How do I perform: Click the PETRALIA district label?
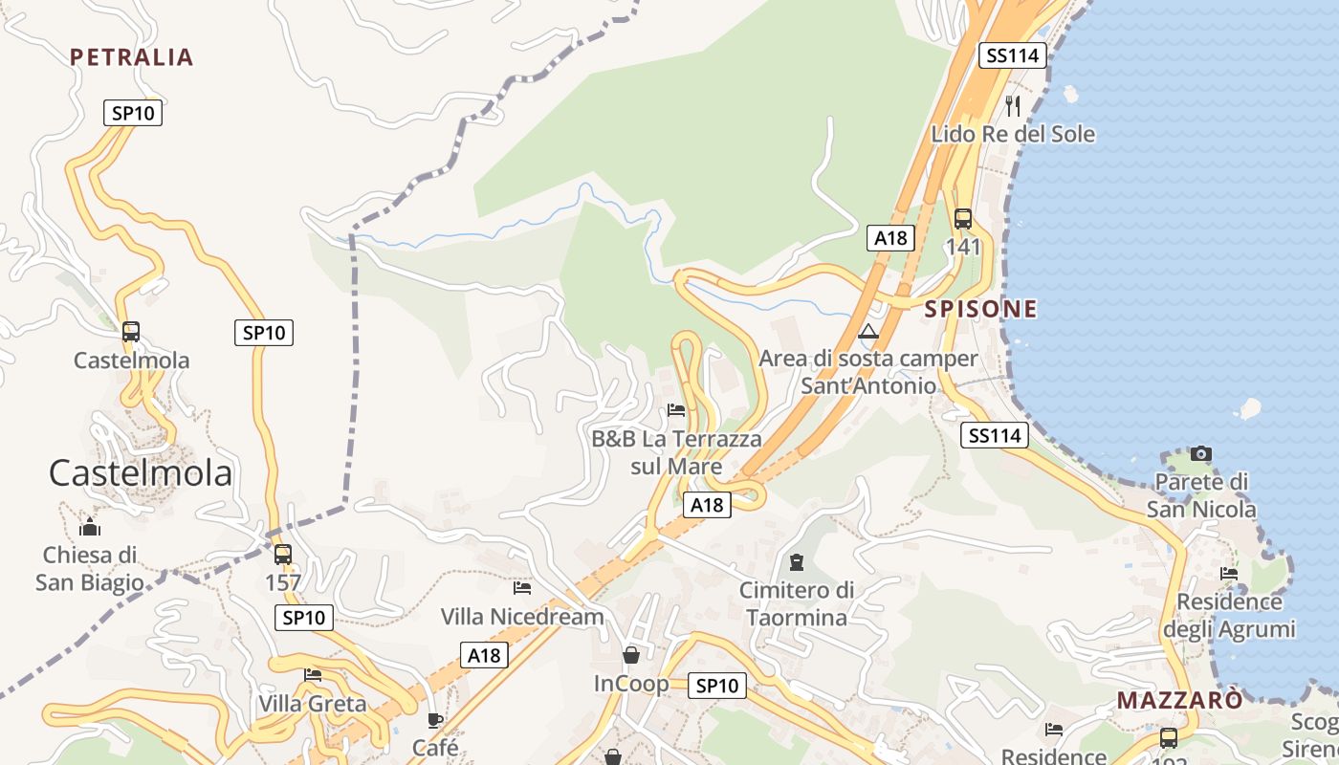click(x=131, y=57)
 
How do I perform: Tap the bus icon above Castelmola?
click(x=131, y=332)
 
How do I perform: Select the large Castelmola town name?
click(x=140, y=473)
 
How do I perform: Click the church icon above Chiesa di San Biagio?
click(x=90, y=527)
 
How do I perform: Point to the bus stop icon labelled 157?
click(x=282, y=555)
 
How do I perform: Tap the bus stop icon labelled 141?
click(x=963, y=218)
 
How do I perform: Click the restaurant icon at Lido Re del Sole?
click(x=1014, y=105)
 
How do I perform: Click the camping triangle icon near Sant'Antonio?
click(x=867, y=332)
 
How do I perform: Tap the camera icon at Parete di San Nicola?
click(x=1201, y=453)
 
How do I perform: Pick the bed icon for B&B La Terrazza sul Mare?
click(x=676, y=410)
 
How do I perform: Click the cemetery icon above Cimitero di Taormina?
click(x=797, y=561)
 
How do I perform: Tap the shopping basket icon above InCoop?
click(x=631, y=655)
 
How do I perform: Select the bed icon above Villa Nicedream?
click(x=522, y=587)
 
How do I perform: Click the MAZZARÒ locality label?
click(x=1180, y=700)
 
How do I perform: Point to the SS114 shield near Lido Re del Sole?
click(x=1012, y=55)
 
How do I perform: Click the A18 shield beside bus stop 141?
click(x=890, y=238)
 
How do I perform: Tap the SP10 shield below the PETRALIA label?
click(x=133, y=113)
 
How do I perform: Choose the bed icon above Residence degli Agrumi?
click(x=1229, y=574)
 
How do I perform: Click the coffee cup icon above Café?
click(x=435, y=720)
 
